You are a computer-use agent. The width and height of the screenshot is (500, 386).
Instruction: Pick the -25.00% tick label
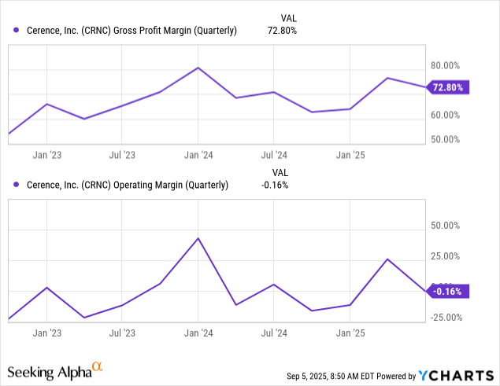point(445,317)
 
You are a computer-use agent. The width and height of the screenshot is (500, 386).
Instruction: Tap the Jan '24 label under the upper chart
point(198,155)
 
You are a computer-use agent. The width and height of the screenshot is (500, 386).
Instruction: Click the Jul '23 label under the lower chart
point(122,333)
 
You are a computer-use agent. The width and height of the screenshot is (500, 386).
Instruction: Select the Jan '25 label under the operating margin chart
point(350,333)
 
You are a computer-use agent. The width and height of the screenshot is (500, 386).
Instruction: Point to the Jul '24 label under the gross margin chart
point(273,155)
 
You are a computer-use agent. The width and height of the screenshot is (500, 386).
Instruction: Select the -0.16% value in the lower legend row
point(276,186)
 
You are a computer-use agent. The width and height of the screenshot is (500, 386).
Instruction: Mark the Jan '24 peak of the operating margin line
point(198,238)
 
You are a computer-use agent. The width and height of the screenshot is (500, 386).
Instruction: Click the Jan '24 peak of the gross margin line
point(198,68)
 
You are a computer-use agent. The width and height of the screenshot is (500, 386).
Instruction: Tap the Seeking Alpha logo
point(55,369)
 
